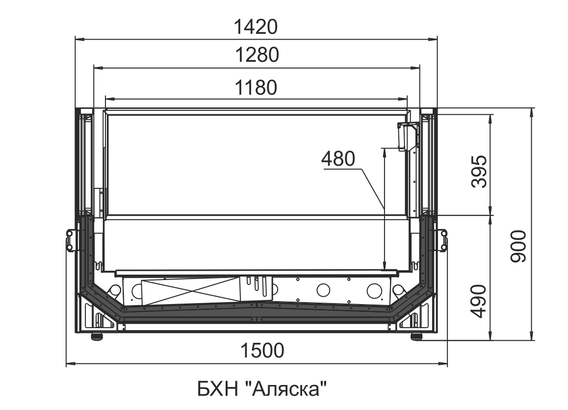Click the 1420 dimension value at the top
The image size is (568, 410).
pyautogui.click(x=256, y=27)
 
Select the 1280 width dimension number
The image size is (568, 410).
pyautogui.click(x=257, y=55)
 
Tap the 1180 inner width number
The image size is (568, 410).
pyautogui.click(x=256, y=87)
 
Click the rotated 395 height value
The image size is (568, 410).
pyautogui.click(x=479, y=171)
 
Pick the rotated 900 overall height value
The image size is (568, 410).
pyautogui.click(x=518, y=246)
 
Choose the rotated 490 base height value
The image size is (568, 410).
pyautogui.click(x=479, y=301)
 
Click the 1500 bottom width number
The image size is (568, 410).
pyautogui.click(x=262, y=350)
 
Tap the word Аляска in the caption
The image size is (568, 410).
pyautogui.click(x=286, y=389)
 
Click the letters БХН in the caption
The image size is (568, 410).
pyautogui.click(x=217, y=389)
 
